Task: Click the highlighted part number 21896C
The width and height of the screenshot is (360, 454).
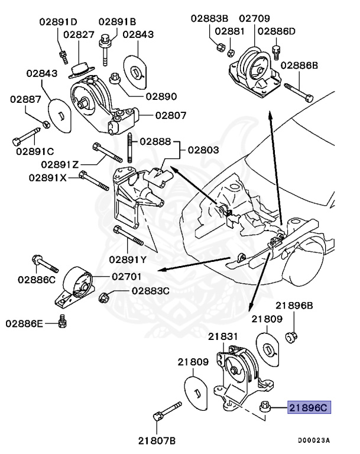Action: coord(309,408)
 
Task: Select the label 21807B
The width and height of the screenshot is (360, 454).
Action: coord(157,440)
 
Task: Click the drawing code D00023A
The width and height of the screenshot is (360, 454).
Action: coord(314,440)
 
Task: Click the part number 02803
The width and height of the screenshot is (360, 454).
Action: coord(204,151)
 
